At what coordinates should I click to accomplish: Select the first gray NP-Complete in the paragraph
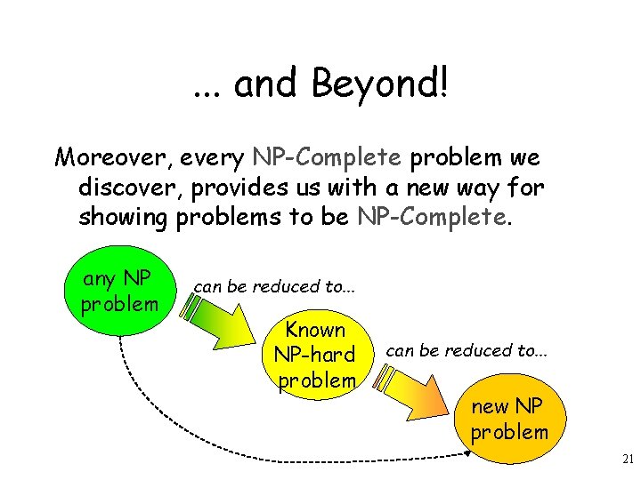pos(327,157)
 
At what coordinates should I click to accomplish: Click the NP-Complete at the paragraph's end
pos(434,218)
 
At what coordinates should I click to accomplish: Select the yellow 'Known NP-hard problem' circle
pos(316,354)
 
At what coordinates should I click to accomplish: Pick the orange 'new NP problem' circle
pos(509,420)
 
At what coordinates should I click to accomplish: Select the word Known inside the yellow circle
pos(316,330)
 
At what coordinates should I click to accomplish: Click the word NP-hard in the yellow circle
pos(315,355)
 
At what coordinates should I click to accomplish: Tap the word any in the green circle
pos(100,279)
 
